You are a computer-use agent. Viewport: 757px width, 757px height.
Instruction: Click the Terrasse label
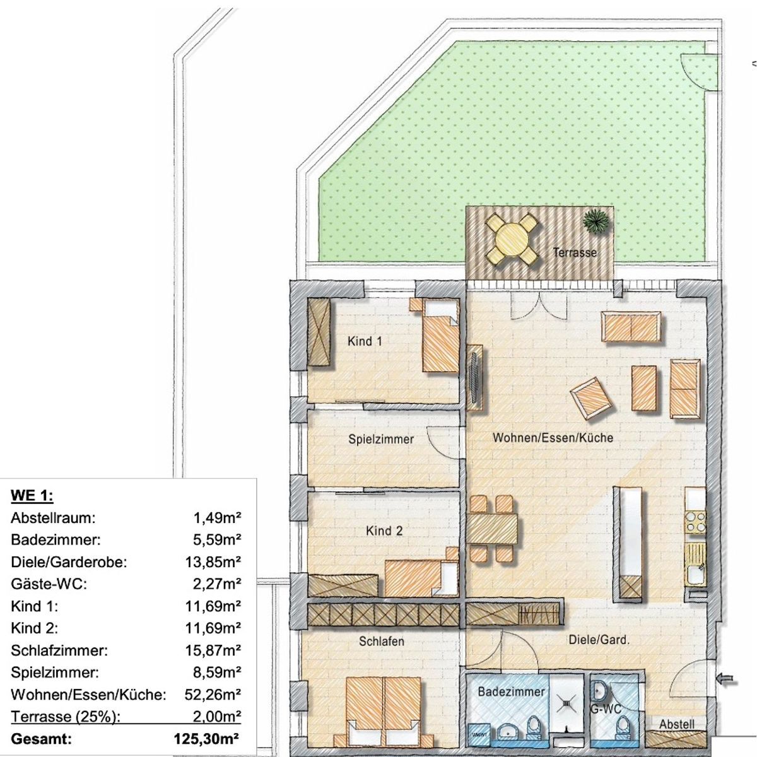[x=575, y=252]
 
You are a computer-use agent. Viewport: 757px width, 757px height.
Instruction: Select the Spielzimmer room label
[x=381, y=439]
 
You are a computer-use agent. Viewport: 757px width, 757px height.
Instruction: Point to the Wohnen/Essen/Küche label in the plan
[x=553, y=438]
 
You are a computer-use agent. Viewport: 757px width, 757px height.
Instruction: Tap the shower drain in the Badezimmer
[x=568, y=703]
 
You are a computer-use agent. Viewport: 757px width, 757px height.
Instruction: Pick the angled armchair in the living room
[x=591, y=398]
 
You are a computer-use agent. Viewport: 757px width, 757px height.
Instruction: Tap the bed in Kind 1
[x=440, y=335]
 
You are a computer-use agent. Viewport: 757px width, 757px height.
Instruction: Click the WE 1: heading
[x=32, y=496]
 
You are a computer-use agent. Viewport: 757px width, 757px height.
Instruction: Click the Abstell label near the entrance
[x=677, y=724]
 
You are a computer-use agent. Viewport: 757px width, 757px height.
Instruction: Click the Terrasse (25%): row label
[x=65, y=717]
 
